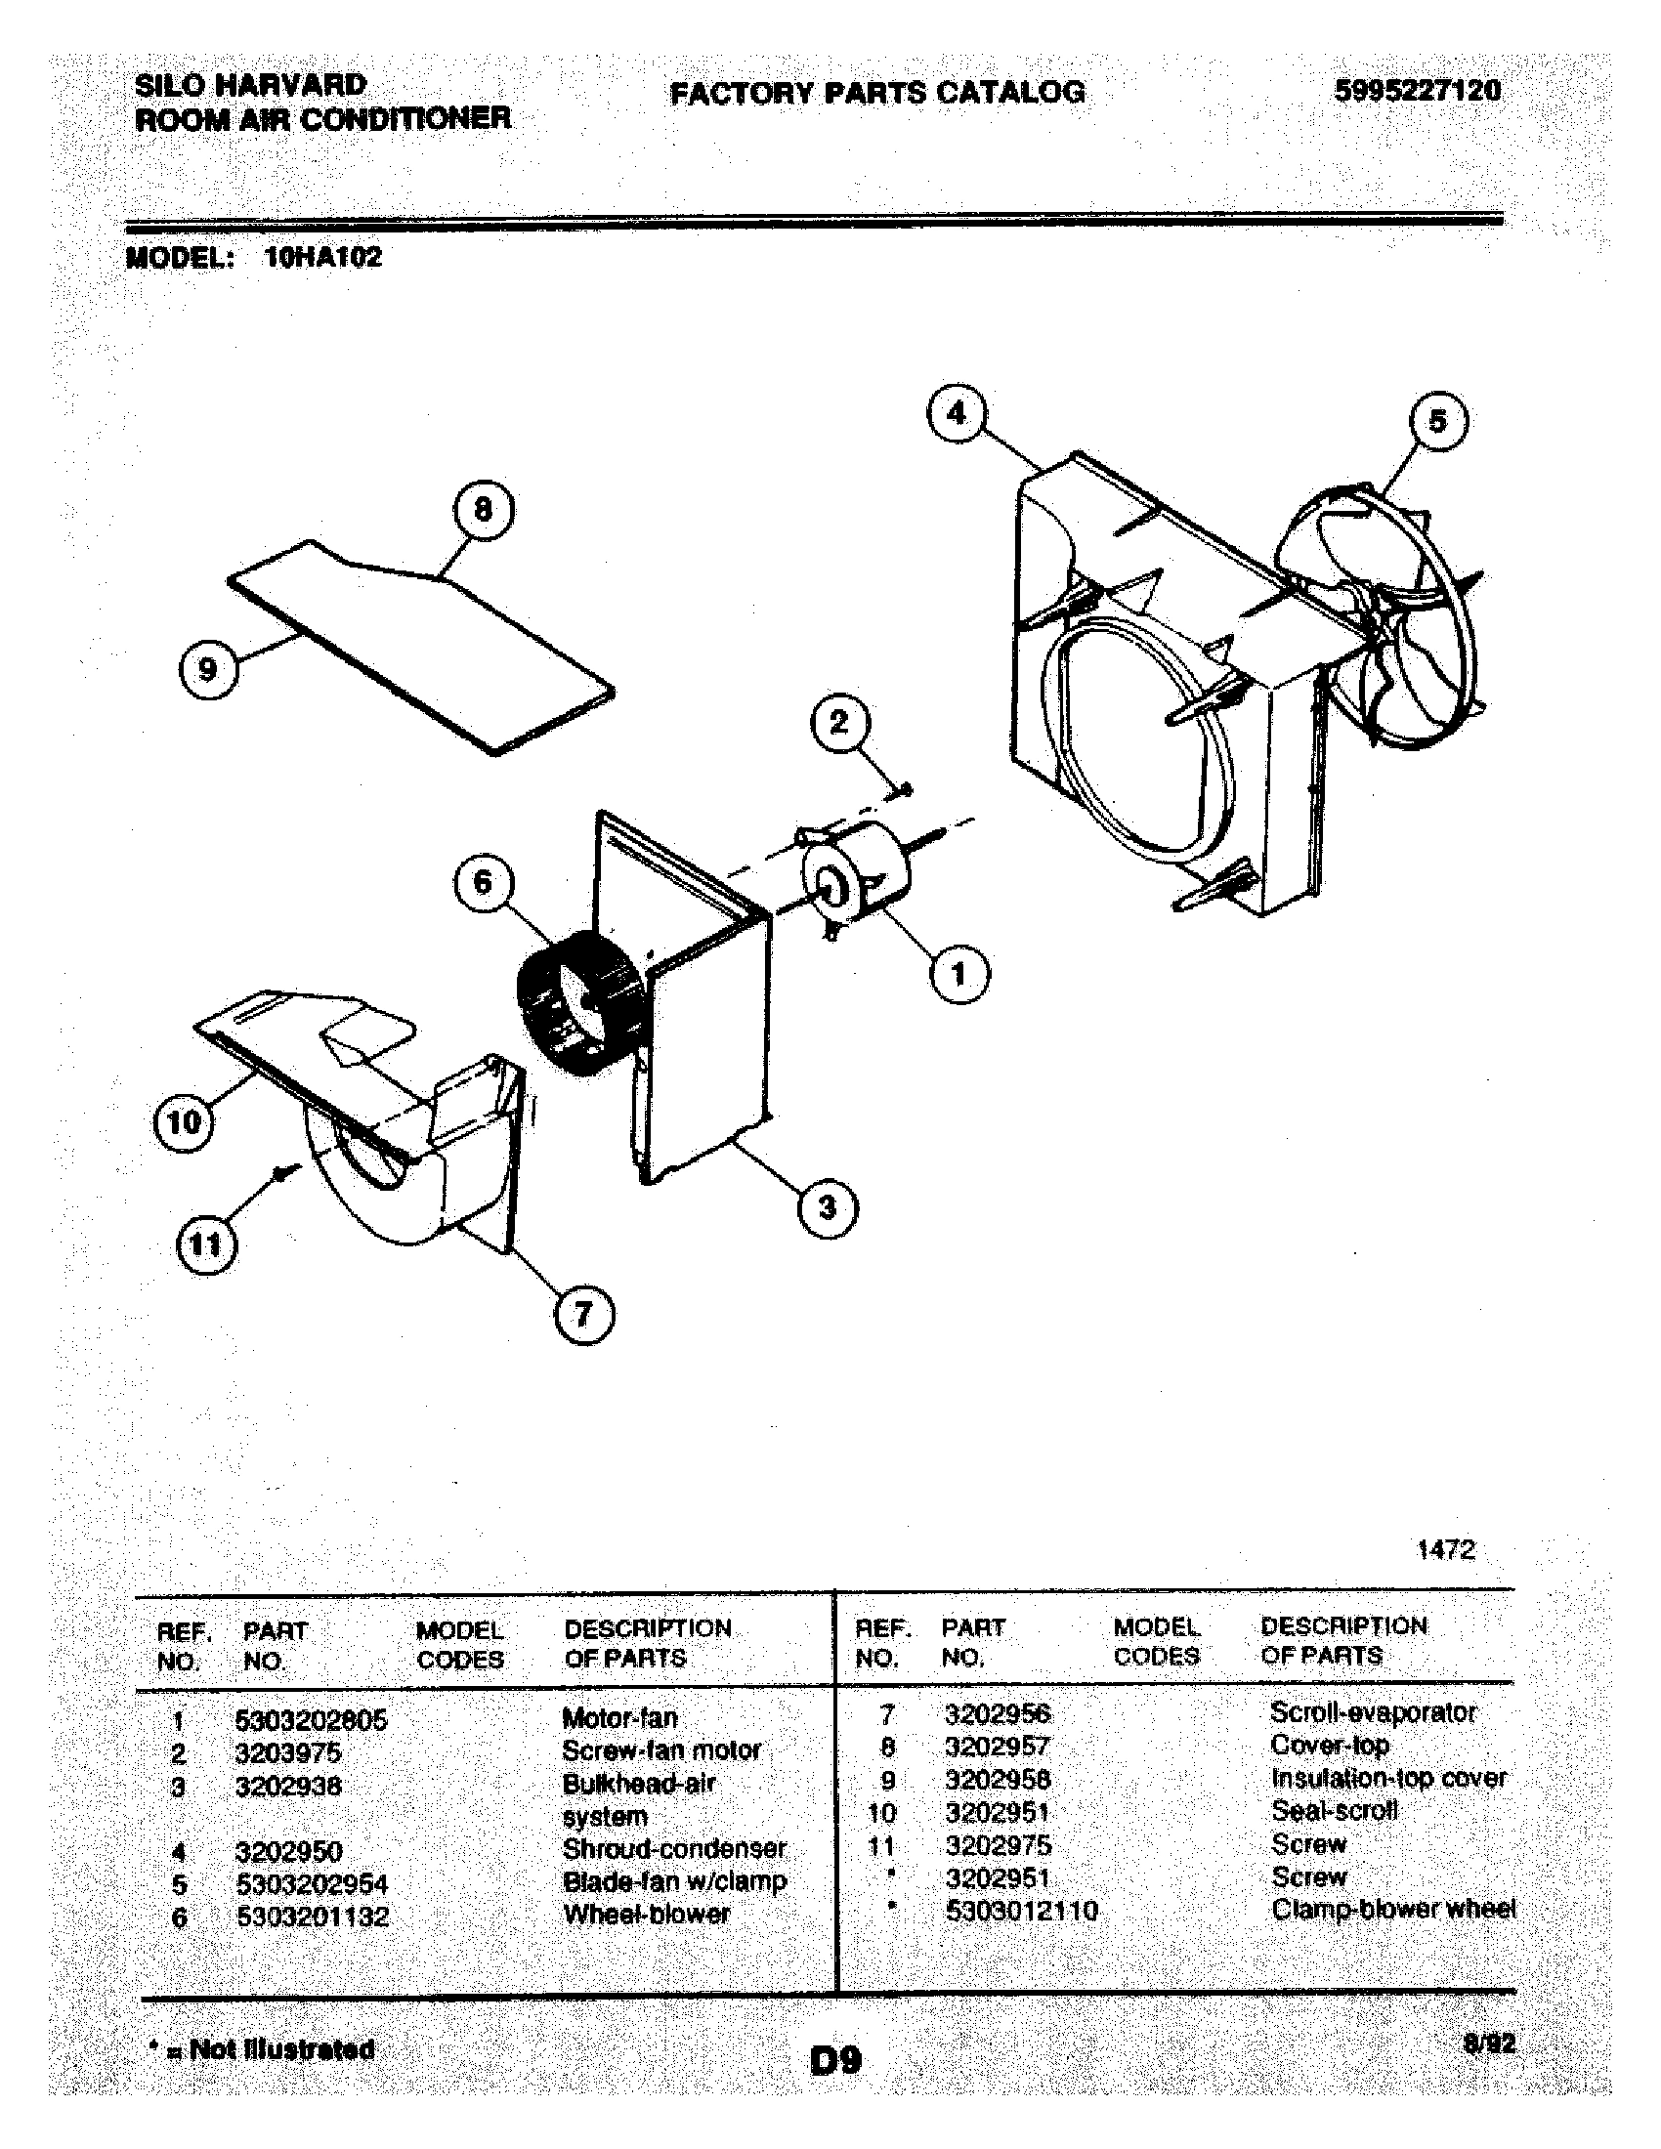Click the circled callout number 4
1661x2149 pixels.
pos(957,414)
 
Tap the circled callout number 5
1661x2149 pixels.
pos(1437,422)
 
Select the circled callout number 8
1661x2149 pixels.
pos(482,511)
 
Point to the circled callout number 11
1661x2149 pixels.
pos(205,1245)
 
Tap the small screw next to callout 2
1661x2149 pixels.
pos(904,789)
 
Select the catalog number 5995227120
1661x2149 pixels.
pos(1417,92)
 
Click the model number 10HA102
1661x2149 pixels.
pos(322,258)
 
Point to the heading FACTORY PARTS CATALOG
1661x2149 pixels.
pos(876,94)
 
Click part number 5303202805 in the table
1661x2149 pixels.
pos(311,1720)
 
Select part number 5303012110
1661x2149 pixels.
pos(1020,1911)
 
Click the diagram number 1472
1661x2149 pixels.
pos(1445,1551)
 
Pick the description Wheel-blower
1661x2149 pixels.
pos(647,1914)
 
